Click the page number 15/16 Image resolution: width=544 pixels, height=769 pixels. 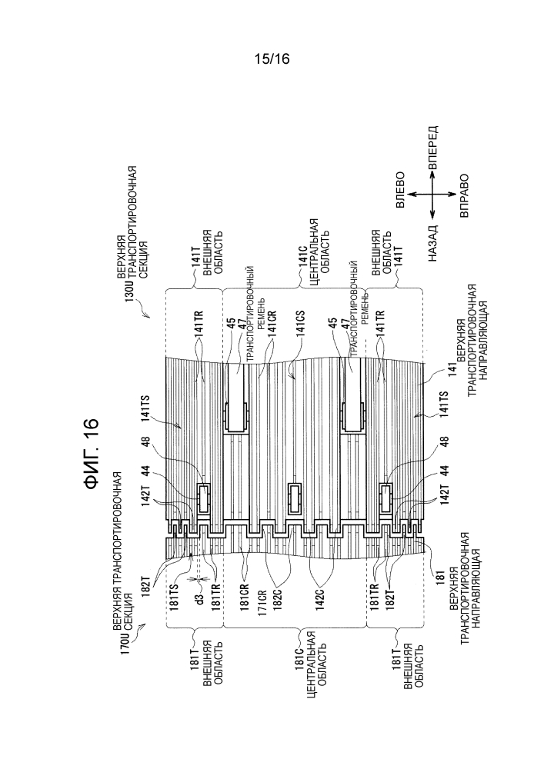(272, 59)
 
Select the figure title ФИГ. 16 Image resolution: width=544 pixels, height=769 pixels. (91, 453)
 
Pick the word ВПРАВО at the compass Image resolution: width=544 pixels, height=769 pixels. (464, 195)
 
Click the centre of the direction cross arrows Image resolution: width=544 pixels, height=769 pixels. (432, 195)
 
